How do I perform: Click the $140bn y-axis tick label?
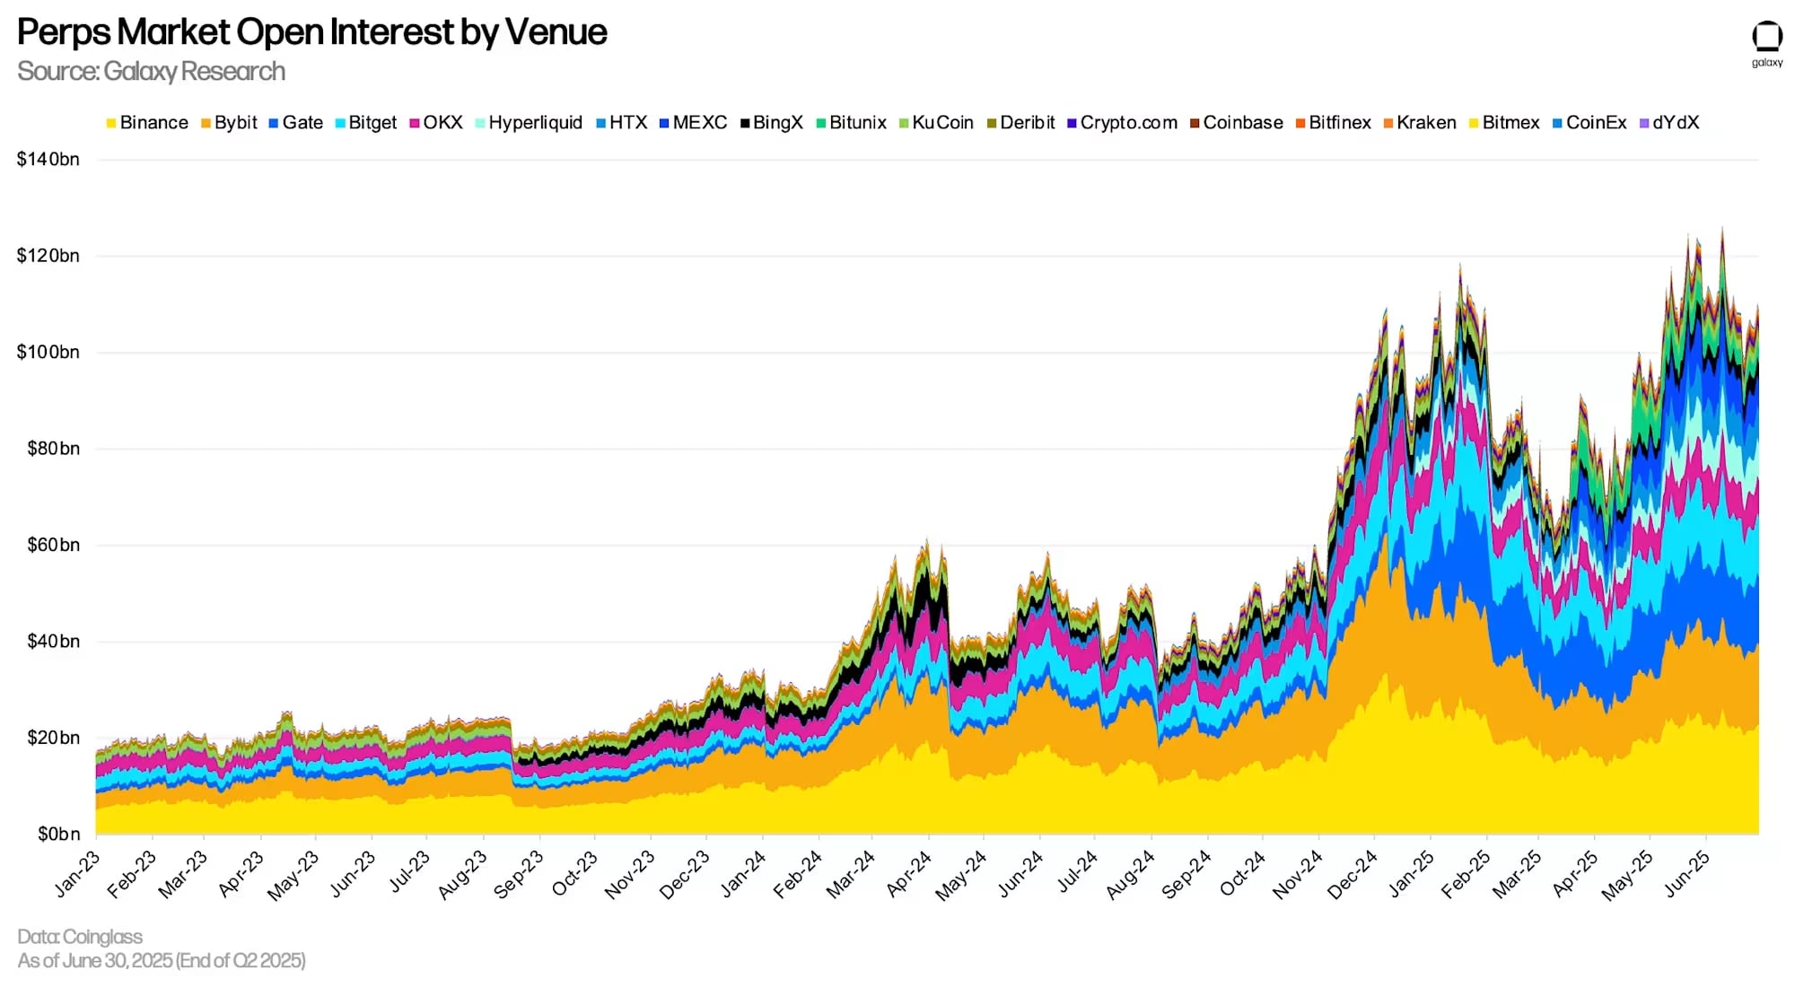(48, 160)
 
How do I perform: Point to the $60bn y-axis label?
(53, 545)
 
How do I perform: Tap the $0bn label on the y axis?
(58, 834)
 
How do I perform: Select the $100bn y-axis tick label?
(48, 352)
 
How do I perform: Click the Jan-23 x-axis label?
(78, 873)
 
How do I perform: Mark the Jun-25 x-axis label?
(1687, 873)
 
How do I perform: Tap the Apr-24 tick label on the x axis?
(909, 873)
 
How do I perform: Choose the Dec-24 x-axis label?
(1353, 873)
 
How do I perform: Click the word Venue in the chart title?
(556, 32)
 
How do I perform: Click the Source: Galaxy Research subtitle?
(151, 72)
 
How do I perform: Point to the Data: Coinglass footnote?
(80, 937)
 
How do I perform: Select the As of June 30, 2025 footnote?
(162, 961)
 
